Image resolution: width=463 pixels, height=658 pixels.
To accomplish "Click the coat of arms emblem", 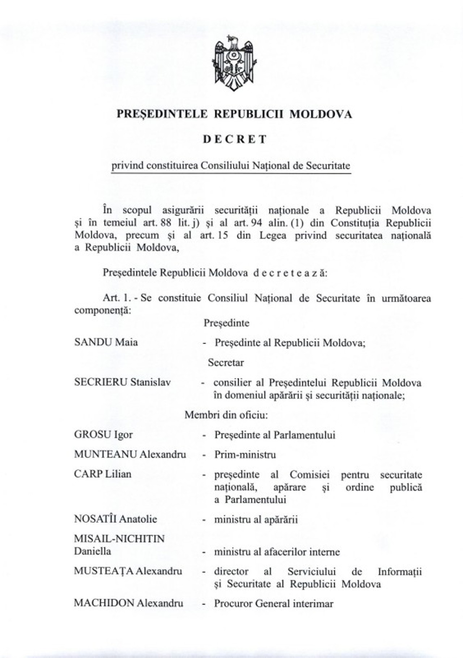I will pos(234,63).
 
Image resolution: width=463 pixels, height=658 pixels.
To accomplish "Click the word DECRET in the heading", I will pos(234,140).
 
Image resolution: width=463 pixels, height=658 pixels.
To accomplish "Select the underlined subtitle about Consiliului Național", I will pos(231,166).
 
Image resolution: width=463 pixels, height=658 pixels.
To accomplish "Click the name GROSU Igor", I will pos(103,434).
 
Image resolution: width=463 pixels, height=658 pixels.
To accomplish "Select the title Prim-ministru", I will pos(245,454).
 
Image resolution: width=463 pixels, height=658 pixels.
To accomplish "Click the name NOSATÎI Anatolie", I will pos(115,519).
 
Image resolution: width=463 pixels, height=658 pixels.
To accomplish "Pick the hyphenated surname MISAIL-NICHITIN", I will pos(119,539).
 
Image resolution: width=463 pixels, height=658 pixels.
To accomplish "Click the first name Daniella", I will pos(93,551).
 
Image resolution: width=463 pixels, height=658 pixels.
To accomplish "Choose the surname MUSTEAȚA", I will pos(104,571).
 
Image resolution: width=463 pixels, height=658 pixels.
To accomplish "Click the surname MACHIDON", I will pos(104,603).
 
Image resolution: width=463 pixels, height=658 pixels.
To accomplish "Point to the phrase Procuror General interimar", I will pos(273,603).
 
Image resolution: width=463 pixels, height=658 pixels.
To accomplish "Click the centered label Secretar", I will pos(226,362).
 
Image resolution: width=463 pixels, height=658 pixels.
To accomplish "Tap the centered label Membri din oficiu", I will pos(226,415).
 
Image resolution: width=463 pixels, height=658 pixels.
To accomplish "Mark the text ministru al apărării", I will pos(256,520).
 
